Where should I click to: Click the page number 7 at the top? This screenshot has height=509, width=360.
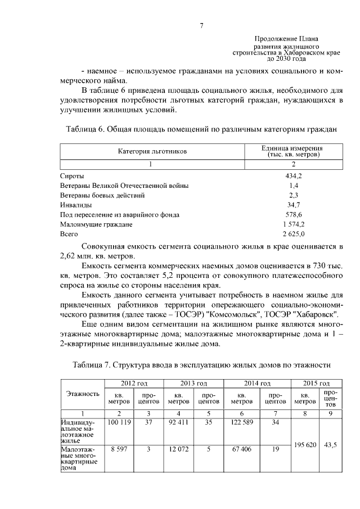coord(202,25)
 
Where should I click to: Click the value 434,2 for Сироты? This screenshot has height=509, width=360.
coord(293,176)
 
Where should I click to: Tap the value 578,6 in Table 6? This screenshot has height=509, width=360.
coord(293,214)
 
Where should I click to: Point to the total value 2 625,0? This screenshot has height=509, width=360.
coord(293,233)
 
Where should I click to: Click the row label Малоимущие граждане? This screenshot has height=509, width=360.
coord(96,224)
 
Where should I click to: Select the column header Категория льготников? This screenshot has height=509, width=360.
coord(151,151)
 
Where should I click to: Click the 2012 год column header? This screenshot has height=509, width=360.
coord(133,383)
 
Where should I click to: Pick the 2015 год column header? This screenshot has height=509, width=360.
coord(316,383)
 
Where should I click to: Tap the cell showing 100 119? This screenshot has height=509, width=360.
coord(119,422)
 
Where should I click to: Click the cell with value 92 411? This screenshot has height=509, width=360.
coord(178,422)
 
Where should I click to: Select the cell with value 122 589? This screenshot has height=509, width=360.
coord(242,422)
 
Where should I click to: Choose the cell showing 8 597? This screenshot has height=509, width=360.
coord(119,449)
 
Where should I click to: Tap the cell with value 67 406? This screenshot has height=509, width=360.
coord(242,449)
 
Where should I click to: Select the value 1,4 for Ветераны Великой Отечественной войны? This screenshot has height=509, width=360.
coord(293,186)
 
